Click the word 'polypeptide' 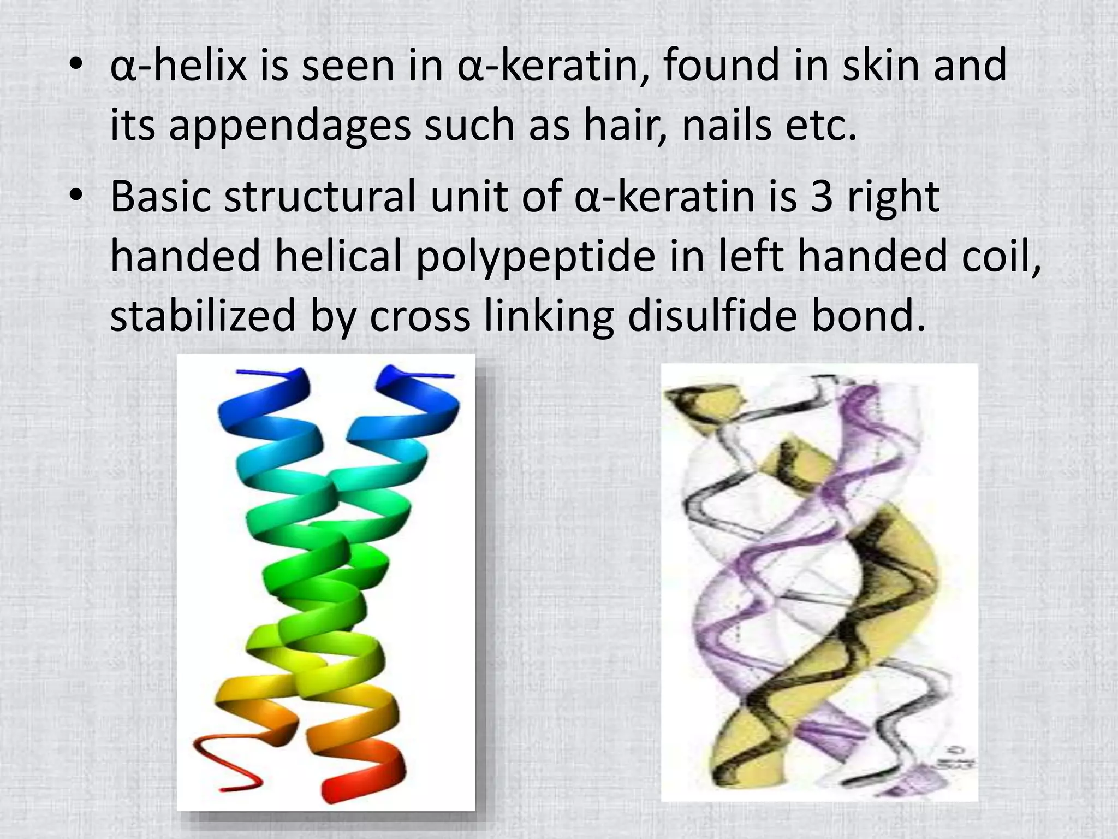pos(535,257)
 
